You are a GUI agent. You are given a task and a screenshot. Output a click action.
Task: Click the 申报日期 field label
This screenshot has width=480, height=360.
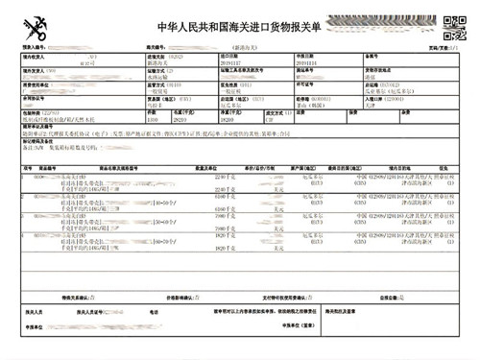click(x=306, y=57)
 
